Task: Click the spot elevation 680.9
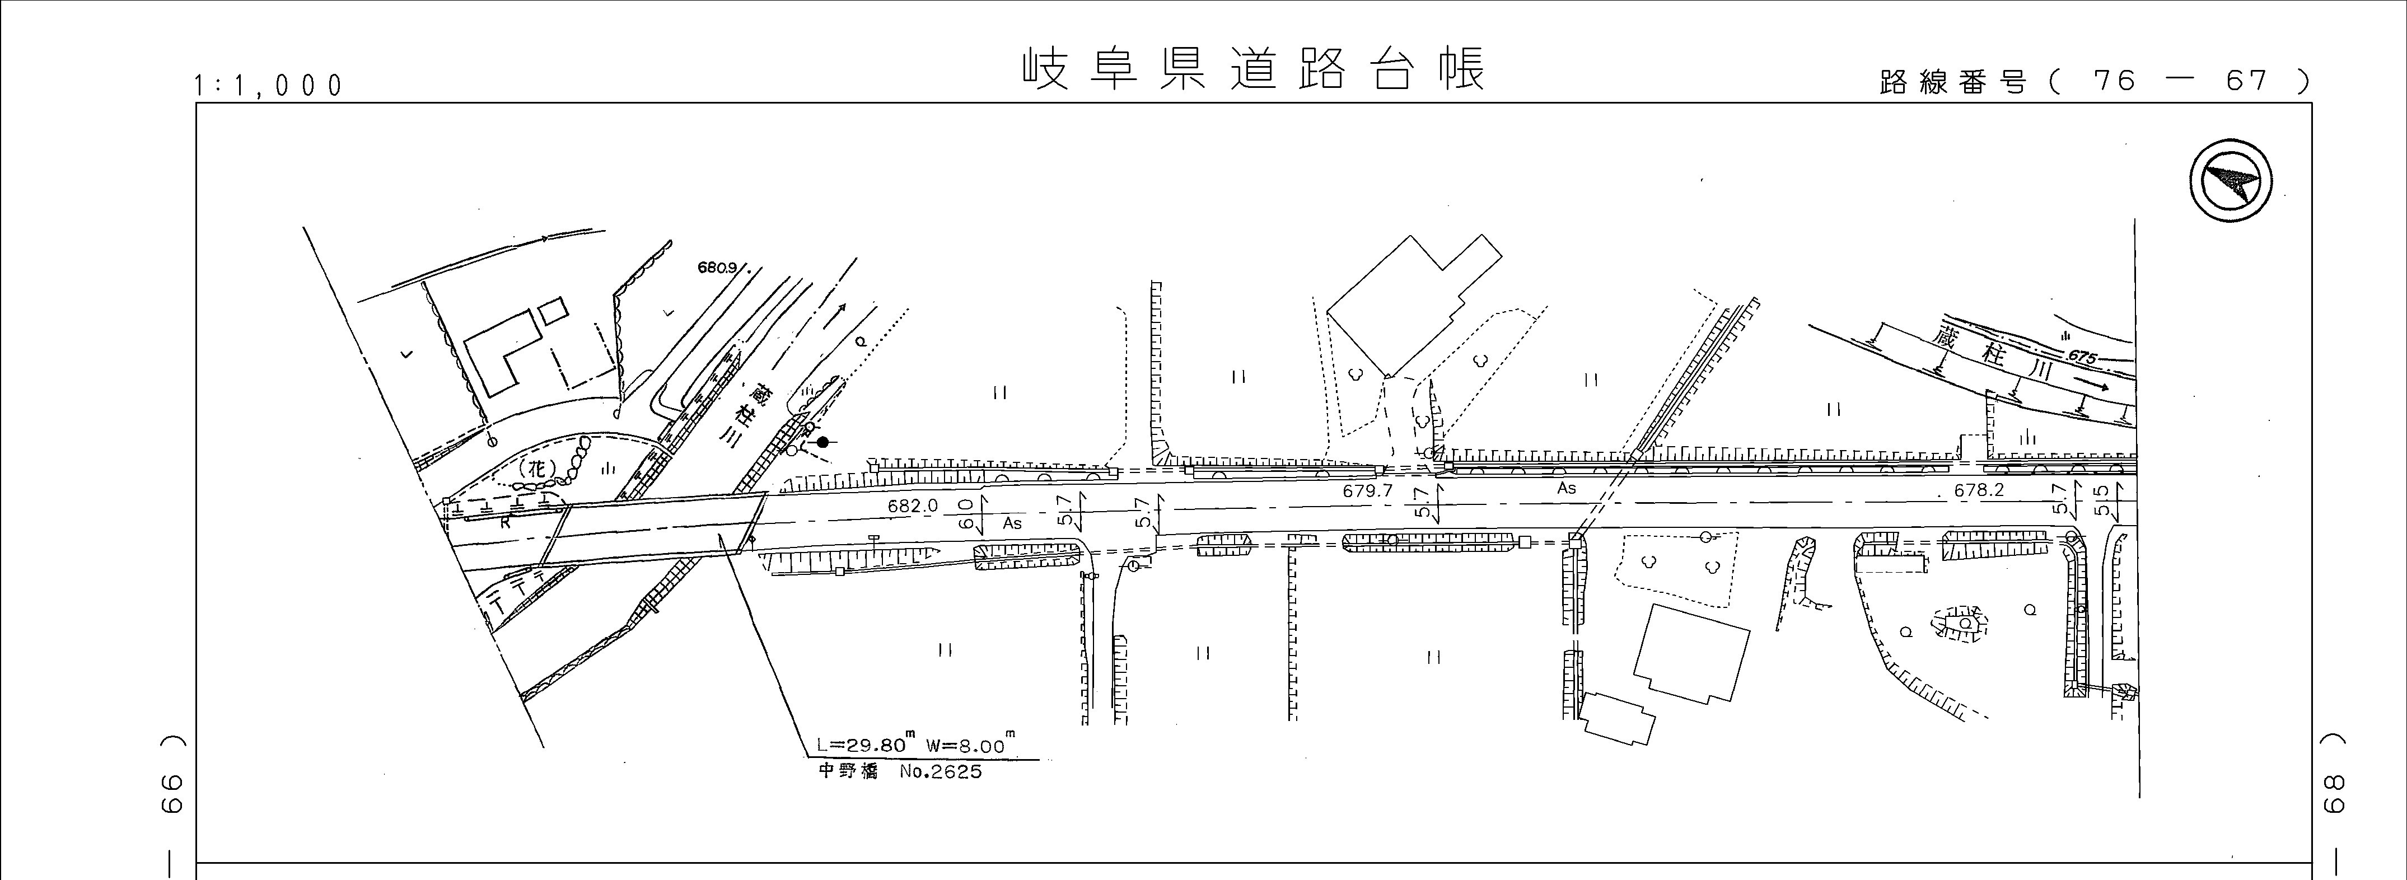[x=718, y=267]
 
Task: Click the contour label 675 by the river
[x=2083, y=356]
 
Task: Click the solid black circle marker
[x=822, y=442]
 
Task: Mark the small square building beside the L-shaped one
[x=552, y=310]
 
